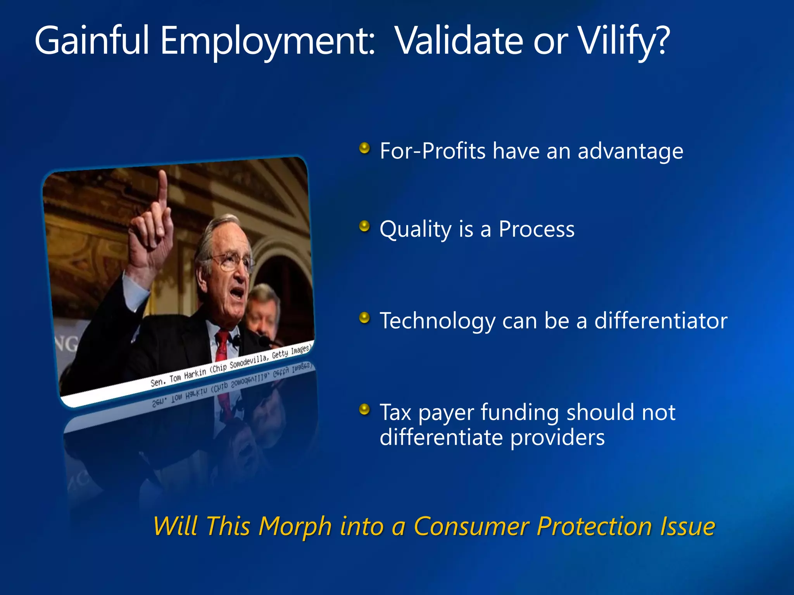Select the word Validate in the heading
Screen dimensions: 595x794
pos(459,41)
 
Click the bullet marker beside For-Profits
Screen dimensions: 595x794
pos(364,148)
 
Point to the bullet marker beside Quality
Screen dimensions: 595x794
pos(364,226)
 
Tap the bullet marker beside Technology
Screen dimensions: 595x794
pos(364,318)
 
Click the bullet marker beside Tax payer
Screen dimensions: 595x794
pos(364,409)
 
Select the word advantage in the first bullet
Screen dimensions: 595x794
pos(630,151)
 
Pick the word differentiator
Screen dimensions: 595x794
pos(661,321)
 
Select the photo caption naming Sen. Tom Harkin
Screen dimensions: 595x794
pos(231,366)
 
